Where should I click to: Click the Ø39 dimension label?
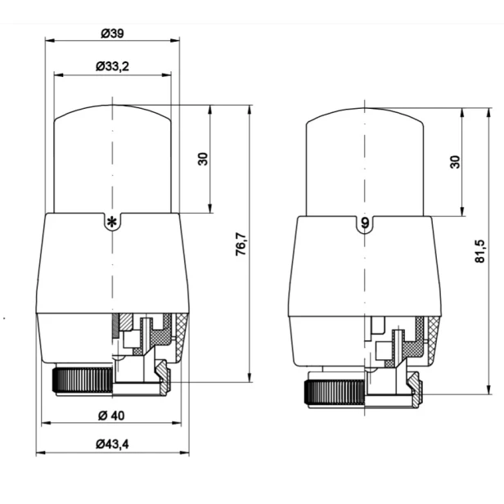tap(112, 33)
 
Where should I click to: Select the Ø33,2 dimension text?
tap(112, 66)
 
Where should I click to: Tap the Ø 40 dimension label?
tap(111, 416)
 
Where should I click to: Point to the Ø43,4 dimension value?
tap(112, 444)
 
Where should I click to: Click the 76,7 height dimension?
tap(241, 244)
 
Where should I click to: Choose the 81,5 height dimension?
tap(480, 251)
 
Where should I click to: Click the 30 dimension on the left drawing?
tap(203, 159)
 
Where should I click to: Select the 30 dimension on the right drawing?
tap(455, 162)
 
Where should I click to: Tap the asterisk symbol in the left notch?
tap(112, 222)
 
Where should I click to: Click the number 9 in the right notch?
tap(365, 223)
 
